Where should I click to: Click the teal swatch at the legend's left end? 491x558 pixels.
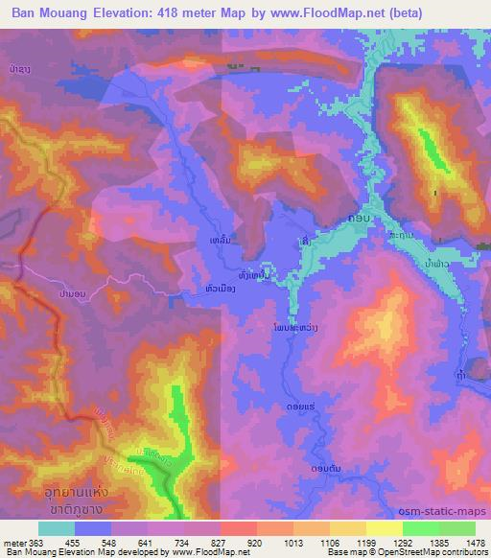[x=56, y=528]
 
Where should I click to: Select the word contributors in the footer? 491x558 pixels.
[x=467, y=552]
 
